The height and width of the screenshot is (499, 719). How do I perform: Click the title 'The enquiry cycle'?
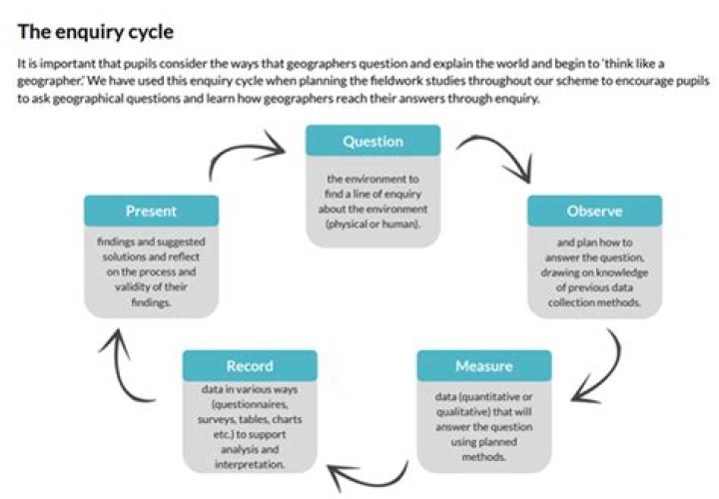pyautogui.click(x=96, y=31)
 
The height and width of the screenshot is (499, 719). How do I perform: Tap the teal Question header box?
pyautogui.click(x=372, y=142)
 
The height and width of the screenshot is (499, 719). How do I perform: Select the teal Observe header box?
pyautogui.click(x=594, y=212)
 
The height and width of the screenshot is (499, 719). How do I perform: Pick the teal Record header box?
pyautogui.click(x=250, y=366)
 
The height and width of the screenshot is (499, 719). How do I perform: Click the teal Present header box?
pyautogui.click(x=151, y=212)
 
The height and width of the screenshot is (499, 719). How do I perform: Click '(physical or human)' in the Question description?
pyautogui.click(x=372, y=225)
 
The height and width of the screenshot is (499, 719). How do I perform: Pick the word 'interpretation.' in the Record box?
pyautogui.click(x=250, y=465)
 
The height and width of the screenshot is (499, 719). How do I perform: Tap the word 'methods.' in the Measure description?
pyautogui.click(x=484, y=457)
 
